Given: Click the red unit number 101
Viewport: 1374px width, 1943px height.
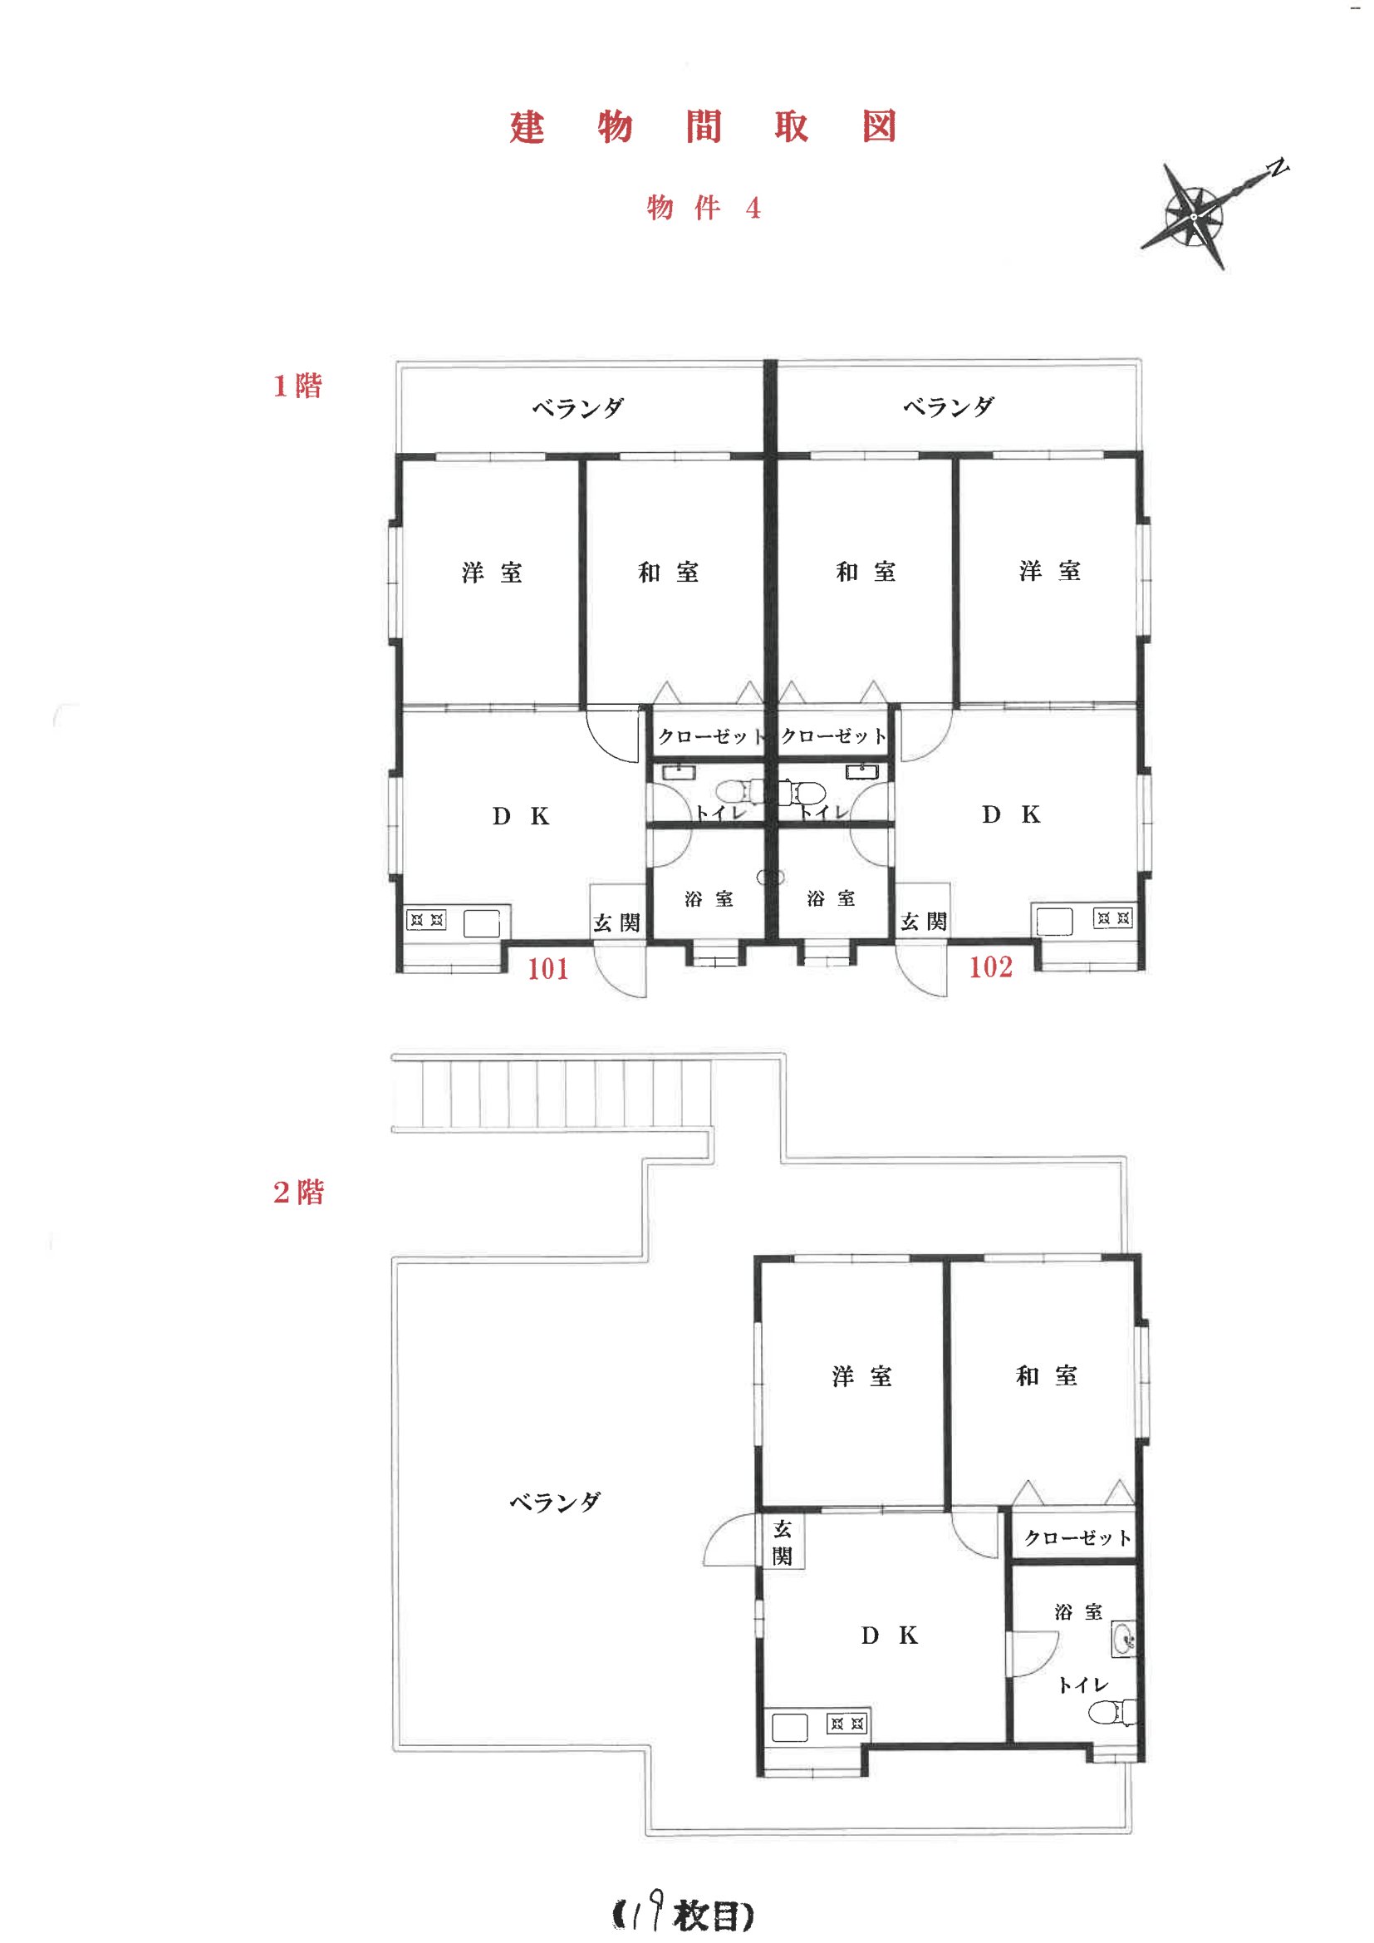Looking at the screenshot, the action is [x=548, y=968].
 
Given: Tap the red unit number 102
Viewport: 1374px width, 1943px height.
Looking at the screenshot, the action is [x=991, y=967].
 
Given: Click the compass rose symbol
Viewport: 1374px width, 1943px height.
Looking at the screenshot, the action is [x=1194, y=217].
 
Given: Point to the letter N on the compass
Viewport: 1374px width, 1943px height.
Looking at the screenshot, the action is [x=1278, y=167].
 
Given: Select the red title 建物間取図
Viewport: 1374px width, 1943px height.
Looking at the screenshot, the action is [x=703, y=127].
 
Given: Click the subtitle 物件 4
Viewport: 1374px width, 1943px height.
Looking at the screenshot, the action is [x=704, y=207].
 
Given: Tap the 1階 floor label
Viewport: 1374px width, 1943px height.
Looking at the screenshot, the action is [x=298, y=386].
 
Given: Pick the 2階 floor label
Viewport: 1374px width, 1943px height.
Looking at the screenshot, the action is [x=299, y=1193].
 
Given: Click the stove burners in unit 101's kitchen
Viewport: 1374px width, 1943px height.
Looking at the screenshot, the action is [x=425, y=919].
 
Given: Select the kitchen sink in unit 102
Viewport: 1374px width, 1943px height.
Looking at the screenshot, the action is [x=1054, y=922].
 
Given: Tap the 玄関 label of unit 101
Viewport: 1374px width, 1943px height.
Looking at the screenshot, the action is [x=616, y=922].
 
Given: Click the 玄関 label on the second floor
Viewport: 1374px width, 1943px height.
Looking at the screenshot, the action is [x=783, y=1542].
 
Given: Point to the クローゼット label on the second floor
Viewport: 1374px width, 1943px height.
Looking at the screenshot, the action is [x=1077, y=1537].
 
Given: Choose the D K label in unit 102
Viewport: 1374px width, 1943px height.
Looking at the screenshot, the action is [x=1011, y=814].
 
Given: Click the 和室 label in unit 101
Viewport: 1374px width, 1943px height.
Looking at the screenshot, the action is [x=669, y=572].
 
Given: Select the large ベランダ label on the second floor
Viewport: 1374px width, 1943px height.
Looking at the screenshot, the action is [x=555, y=1501].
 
